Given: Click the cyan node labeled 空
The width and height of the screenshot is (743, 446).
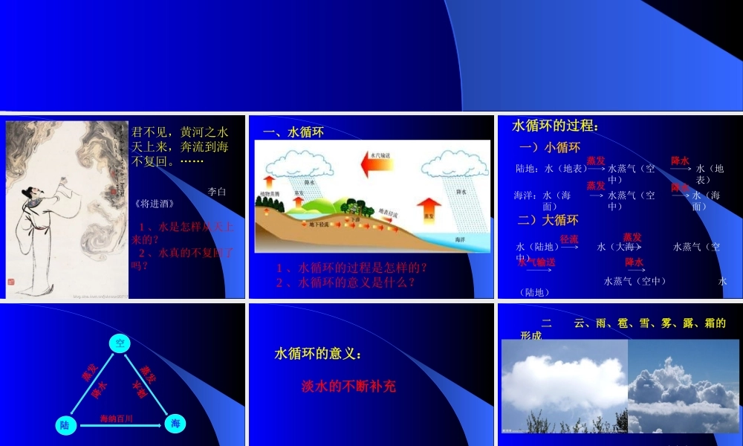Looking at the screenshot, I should pos(120,343).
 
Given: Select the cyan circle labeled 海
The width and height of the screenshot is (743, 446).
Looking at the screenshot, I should pos(175,424).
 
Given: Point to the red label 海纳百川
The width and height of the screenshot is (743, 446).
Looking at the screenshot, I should pos(117,419).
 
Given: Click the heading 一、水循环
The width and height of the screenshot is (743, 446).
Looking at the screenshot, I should pos(294,132).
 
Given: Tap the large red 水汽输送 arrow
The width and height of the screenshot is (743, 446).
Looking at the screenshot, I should pos(379,163).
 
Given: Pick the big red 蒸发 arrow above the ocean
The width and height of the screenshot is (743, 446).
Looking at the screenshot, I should pos(429,210).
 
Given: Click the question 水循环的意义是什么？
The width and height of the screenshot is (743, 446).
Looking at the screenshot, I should pos(345,282).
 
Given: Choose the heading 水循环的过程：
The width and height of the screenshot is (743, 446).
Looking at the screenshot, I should pos(555,126).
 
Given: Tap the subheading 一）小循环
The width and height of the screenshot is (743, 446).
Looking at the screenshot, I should pos(550,147).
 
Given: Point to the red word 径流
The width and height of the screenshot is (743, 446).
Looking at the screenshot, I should pos(569,239).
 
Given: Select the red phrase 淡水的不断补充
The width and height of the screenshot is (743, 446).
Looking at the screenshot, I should pos(348,386).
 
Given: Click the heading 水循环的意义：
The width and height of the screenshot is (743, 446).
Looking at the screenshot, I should pos(318,354).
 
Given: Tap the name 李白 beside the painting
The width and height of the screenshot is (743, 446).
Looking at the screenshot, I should pos(217,191).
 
